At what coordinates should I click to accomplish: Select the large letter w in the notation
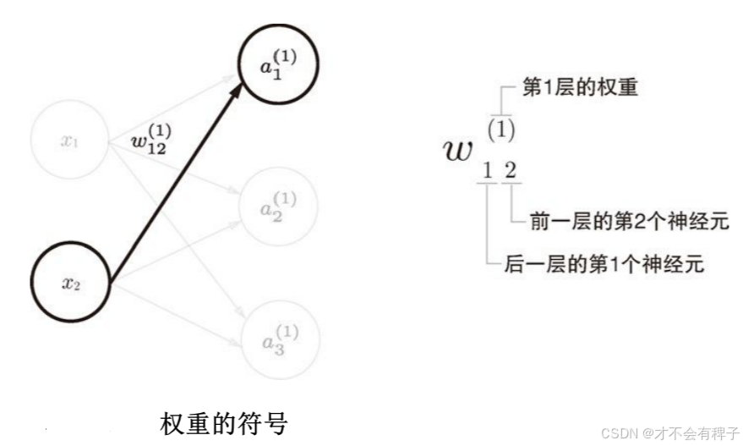click(458, 150)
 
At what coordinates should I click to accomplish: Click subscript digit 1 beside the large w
click(487, 170)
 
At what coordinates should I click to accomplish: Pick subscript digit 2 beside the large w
click(510, 170)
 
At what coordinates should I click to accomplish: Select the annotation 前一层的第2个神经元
click(627, 222)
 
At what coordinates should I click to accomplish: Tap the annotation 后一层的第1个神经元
click(604, 264)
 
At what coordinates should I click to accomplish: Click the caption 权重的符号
click(223, 421)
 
